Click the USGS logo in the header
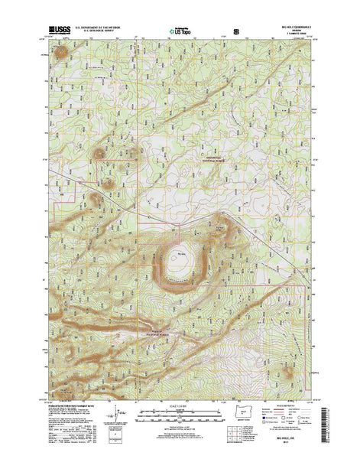[x=61, y=31]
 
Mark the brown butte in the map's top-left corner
[x=60, y=54]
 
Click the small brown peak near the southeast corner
[x=288, y=375]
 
